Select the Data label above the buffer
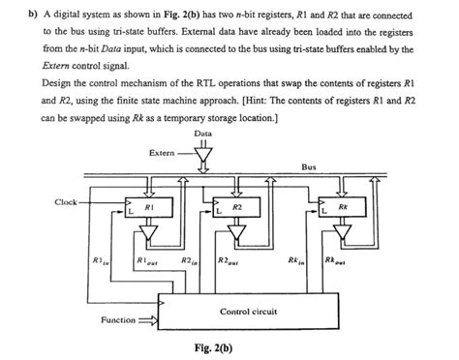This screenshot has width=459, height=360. point(203,133)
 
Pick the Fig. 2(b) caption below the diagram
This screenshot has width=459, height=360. point(215,347)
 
